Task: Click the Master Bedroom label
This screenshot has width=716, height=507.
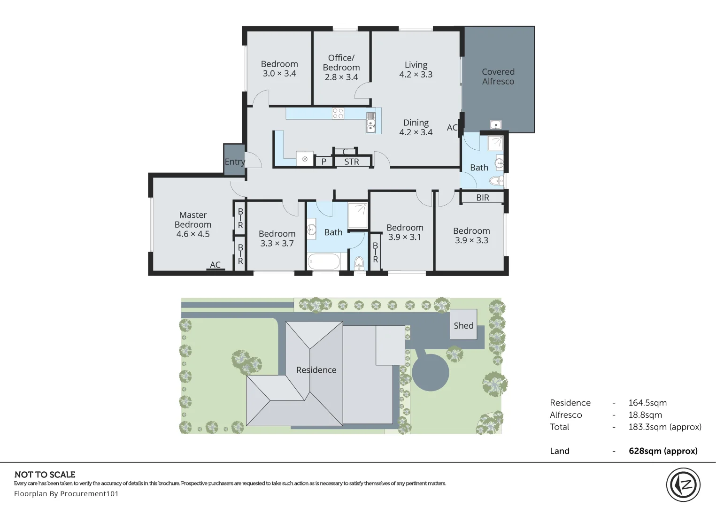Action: click(x=193, y=224)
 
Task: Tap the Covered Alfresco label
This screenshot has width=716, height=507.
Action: click(x=498, y=77)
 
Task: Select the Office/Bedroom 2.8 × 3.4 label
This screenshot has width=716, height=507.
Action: click(x=341, y=67)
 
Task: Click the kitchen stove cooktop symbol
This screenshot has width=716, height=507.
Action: click(x=338, y=113)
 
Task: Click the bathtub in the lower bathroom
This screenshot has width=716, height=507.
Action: click(x=324, y=261)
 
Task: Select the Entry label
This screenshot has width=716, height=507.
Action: click(x=235, y=162)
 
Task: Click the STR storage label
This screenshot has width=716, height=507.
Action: click(x=352, y=162)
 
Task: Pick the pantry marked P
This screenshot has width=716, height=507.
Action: click(x=323, y=162)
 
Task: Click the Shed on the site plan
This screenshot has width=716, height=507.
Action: click(x=463, y=325)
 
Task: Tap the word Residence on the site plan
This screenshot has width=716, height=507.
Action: click(x=316, y=370)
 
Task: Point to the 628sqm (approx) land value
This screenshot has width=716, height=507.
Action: click(x=663, y=451)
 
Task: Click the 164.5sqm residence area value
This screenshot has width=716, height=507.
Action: click(x=647, y=403)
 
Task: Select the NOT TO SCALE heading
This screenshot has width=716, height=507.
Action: click(x=45, y=475)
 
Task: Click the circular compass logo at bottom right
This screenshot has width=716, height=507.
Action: click(x=683, y=485)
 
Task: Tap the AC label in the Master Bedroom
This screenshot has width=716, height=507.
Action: click(x=215, y=265)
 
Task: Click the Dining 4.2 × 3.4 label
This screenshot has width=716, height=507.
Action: click(x=416, y=127)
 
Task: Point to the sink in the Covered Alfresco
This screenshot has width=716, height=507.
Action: click(x=496, y=125)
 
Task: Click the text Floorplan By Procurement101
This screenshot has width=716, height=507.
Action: click(x=66, y=494)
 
